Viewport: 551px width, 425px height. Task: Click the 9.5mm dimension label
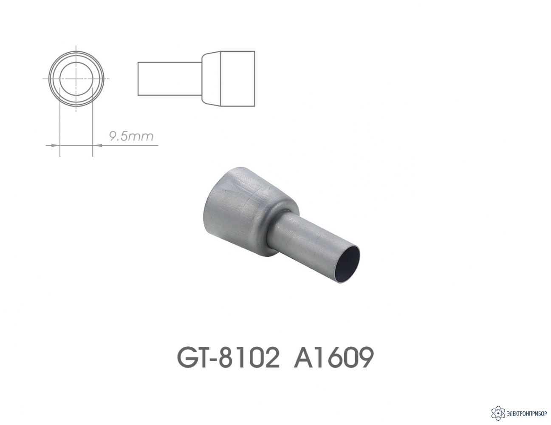point(131,136)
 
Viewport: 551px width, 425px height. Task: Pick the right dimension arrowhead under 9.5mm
point(97,145)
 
